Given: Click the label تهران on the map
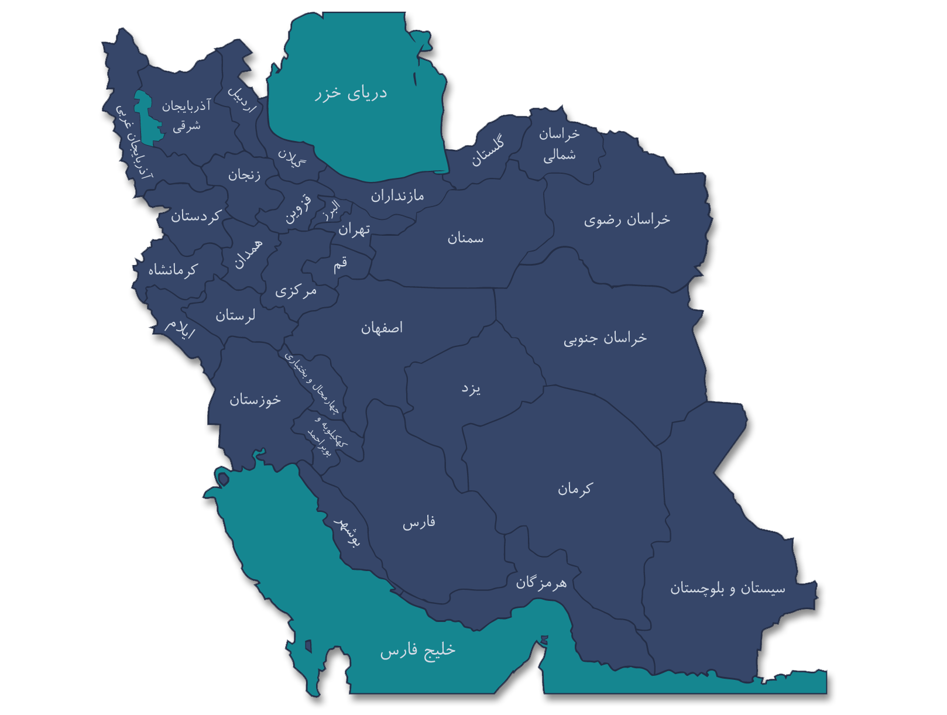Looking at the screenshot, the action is click(354, 229).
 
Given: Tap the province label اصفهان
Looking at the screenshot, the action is click(382, 328).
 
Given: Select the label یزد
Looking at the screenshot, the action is click(471, 389).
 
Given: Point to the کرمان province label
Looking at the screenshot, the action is click(575, 488).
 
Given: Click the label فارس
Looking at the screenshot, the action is click(418, 522).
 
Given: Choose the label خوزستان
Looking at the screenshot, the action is click(255, 400).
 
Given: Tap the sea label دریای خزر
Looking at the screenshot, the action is click(351, 94).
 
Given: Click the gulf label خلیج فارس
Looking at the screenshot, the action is click(417, 650).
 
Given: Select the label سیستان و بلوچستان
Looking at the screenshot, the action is click(728, 588).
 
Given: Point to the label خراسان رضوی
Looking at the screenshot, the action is click(627, 220).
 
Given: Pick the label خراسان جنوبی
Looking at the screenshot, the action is click(605, 338).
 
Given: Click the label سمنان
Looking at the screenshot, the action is click(465, 238).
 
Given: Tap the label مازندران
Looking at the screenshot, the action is click(397, 196).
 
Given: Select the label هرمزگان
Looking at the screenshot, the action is click(541, 583).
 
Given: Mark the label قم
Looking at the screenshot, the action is click(340, 264).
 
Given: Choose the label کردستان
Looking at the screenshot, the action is click(195, 216).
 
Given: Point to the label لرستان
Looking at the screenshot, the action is click(235, 316).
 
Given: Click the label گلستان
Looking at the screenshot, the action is click(488, 152).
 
